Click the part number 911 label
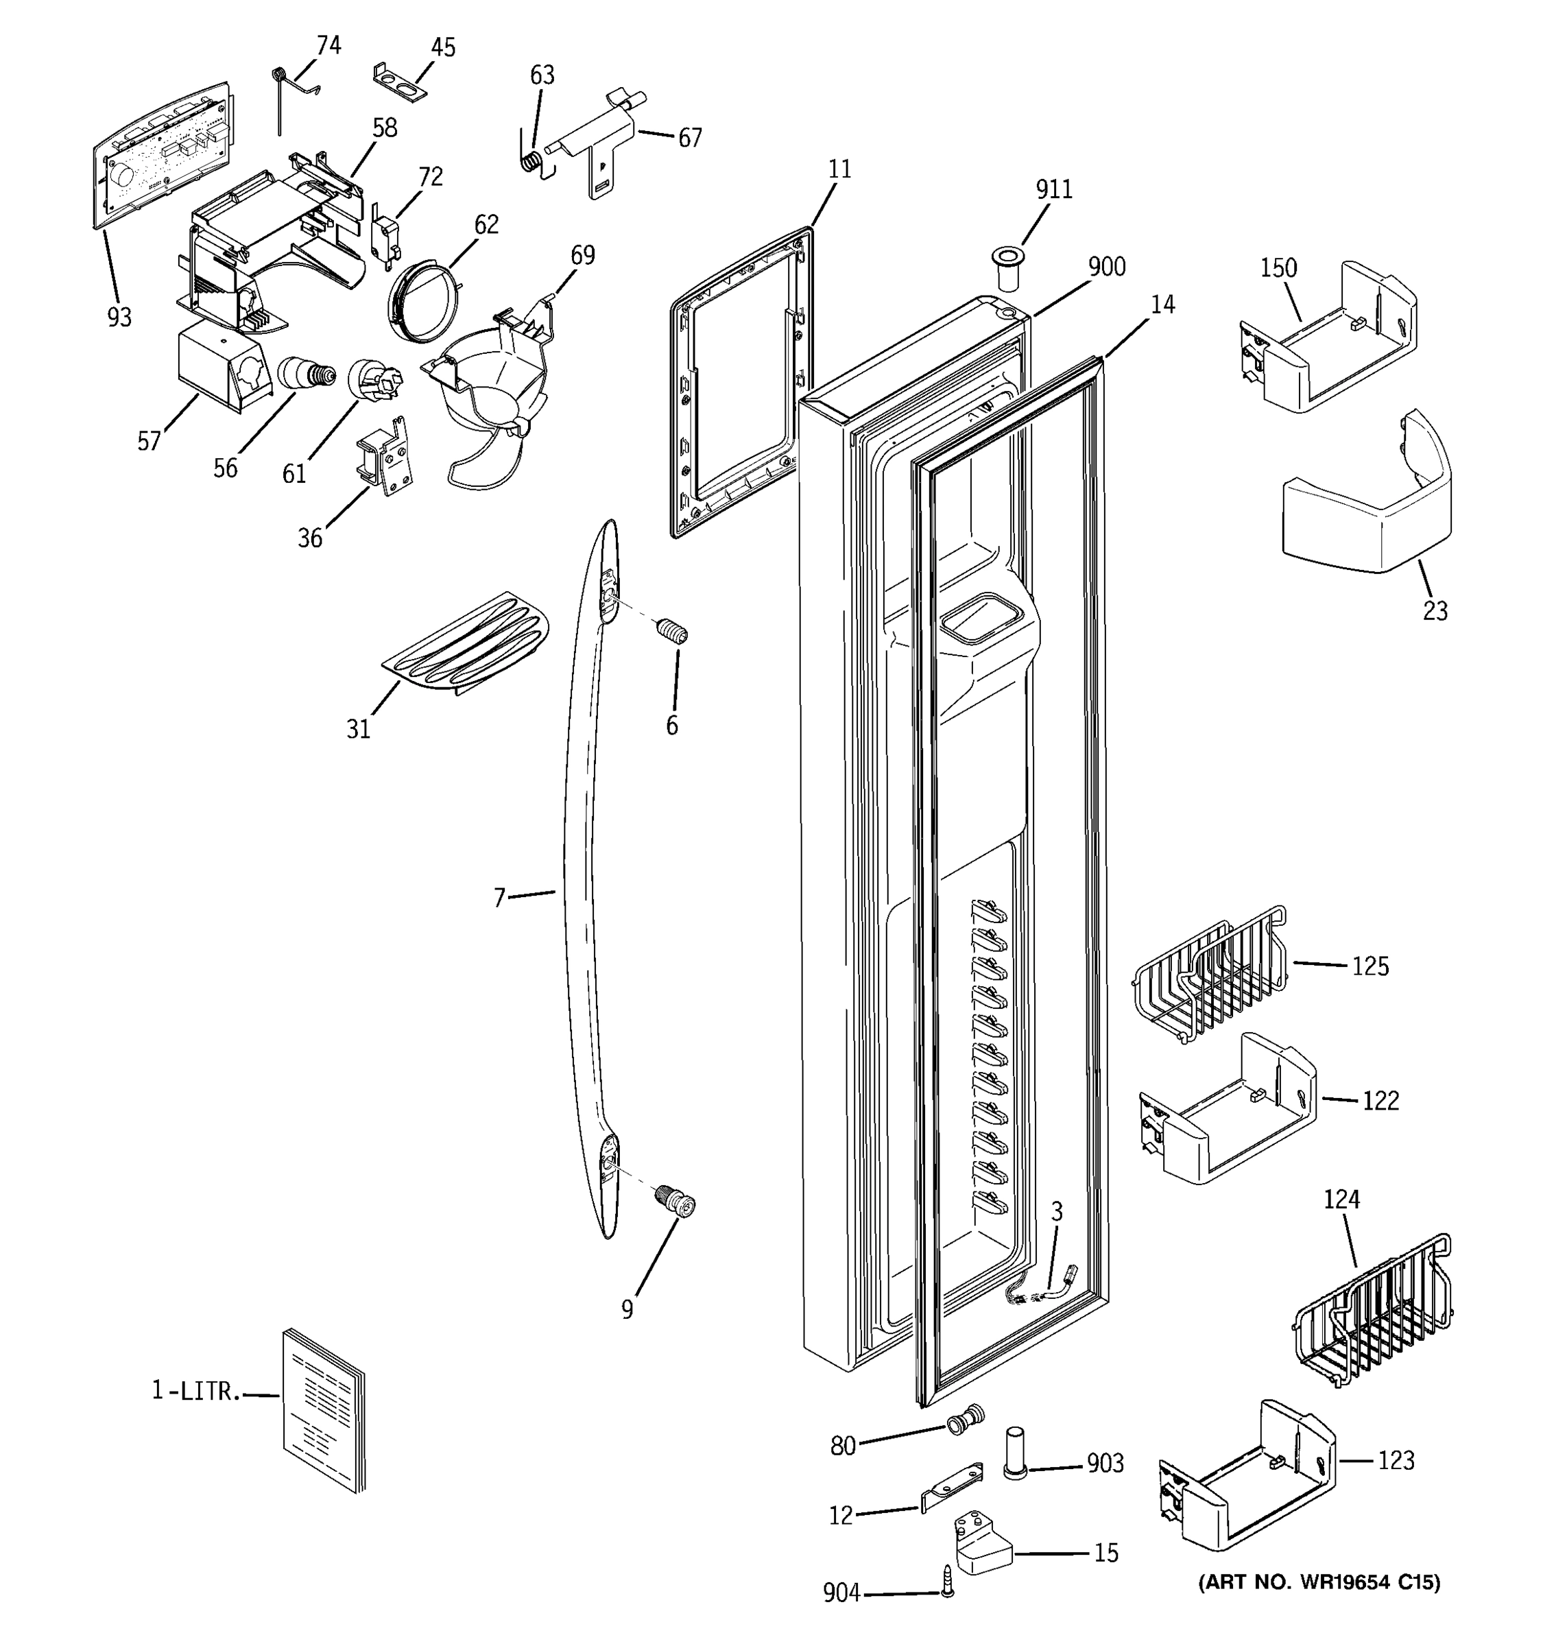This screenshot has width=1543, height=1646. [x=1054, y=189]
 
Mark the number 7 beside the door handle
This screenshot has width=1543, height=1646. [x=499, y=898]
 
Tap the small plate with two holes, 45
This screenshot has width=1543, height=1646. [x=400, y=81]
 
